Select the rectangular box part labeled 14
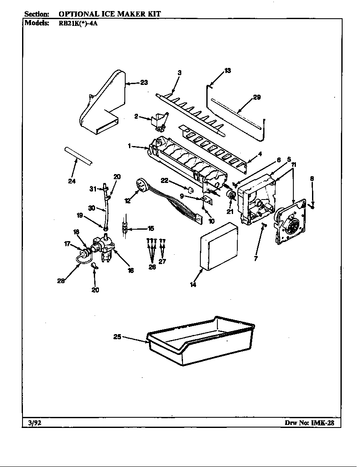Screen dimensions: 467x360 coord(219,247)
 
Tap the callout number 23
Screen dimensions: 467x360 coord(144,83)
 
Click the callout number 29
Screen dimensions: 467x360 coord(256,97)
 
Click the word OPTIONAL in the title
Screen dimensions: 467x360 coord(79,14)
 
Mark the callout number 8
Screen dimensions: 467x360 coord(312,179)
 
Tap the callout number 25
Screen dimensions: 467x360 coord(117,337)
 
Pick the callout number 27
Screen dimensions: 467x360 coord(162,261)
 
